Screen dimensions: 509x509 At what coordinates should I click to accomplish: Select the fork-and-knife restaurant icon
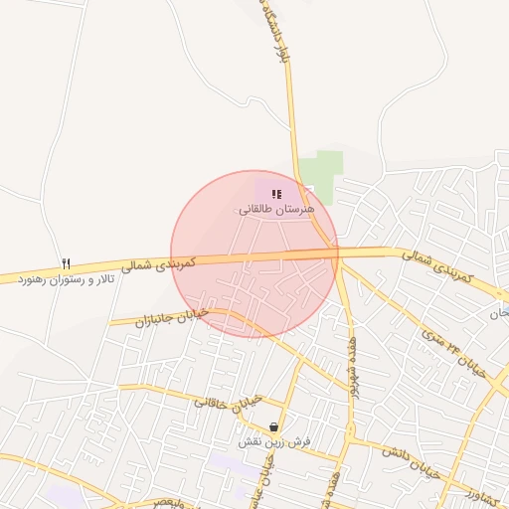[x=67, y=263]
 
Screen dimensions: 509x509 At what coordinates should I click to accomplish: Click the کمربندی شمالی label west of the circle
[x=159, y=264]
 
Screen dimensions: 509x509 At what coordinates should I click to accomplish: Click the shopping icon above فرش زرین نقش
[x=273, y=426]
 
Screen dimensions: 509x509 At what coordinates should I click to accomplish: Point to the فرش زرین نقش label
[x=272, y=440]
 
